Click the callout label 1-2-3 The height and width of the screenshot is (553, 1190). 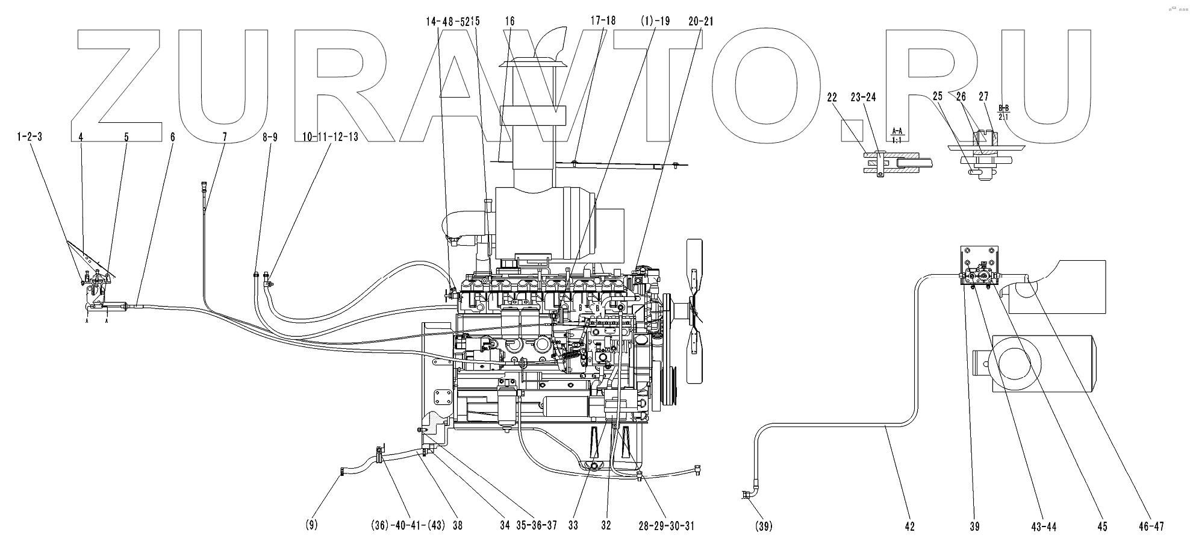29,137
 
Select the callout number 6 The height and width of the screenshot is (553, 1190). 172,137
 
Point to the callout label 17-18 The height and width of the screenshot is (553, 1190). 603,20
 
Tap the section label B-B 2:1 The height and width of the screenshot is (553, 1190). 1003,112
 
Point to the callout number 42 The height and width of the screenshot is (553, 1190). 909,526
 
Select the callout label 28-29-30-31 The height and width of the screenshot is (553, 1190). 667,526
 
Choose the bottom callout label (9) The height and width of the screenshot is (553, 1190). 311,526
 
